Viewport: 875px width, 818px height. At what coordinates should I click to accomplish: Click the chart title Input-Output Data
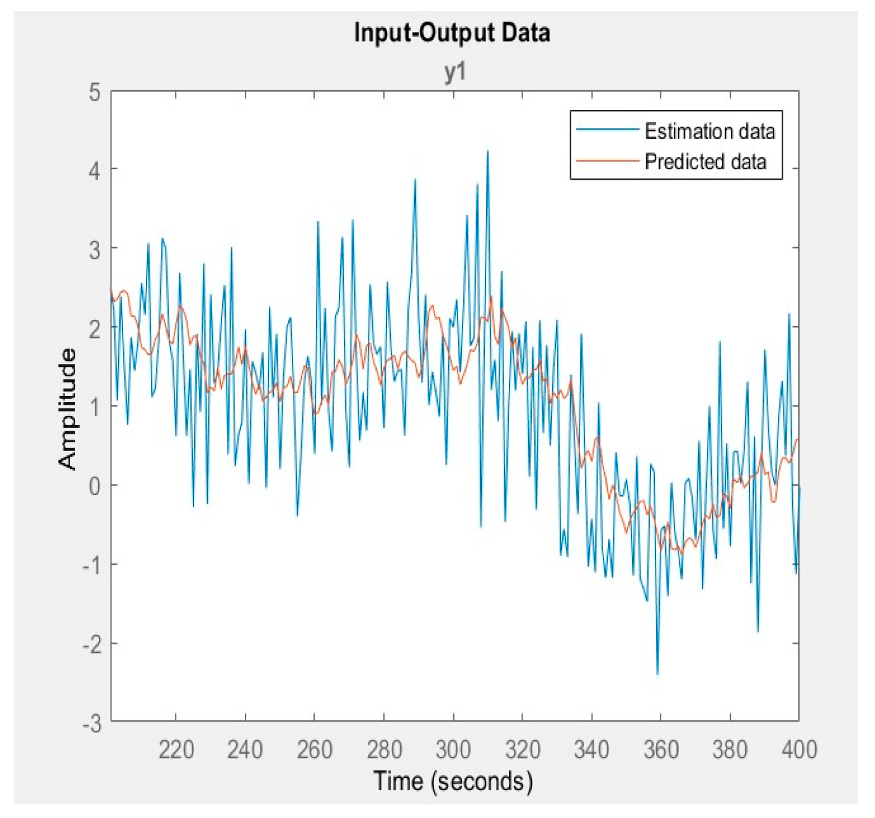pyautogui.click(x=452, y=33)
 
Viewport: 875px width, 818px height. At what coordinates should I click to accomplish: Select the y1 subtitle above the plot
pyautogui.click(x=455, y=72)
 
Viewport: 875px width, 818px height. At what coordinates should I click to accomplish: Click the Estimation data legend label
pyautogui.click(x=709, y=131)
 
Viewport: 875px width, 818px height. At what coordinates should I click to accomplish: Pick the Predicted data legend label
pyautogui.click(x=705, y=162)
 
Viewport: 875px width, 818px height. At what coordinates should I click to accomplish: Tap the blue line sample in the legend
pyautogui.click(x=607, y=130)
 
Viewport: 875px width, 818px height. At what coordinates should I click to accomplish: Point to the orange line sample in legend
pyautogui.click(x=607, y=161)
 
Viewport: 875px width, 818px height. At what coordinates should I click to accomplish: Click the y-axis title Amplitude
pyautogui.click(x=68, y=408)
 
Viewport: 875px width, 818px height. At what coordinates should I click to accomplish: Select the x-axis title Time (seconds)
pyautogui.click(x=452, y=781)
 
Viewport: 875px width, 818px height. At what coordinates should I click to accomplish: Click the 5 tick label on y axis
pyautogui.click(x=94, y=93)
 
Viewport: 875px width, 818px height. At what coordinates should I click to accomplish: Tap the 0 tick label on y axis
pyautogui.click(x=94, y=486)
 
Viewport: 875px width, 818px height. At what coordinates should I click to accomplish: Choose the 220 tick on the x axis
pyautogui.click(x=176, y=749)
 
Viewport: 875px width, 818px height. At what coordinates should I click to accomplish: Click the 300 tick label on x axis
pyautogui.click(x=453, y=749)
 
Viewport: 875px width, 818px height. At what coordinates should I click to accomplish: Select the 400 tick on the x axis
pyautogui.click(x=799, y=749)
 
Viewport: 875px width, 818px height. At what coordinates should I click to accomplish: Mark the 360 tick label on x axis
pyautogui.click(x=661, y=749)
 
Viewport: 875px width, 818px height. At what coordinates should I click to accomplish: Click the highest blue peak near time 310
pyautogui.click(x=487, y=151)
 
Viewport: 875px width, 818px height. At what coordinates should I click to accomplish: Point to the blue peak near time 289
pyautogui.click(x=415, y=179)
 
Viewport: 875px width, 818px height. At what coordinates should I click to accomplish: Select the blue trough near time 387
pyautogui.click(x=758, y=631)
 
